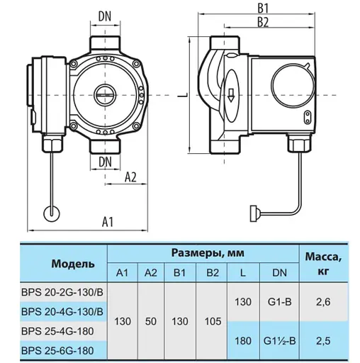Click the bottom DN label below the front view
click(x=106, y=162)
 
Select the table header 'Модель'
click(x=72, y=264)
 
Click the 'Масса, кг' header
click(x=326, y=264)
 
